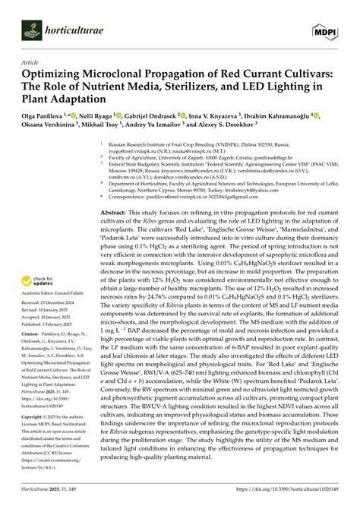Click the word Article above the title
point(31,63)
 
